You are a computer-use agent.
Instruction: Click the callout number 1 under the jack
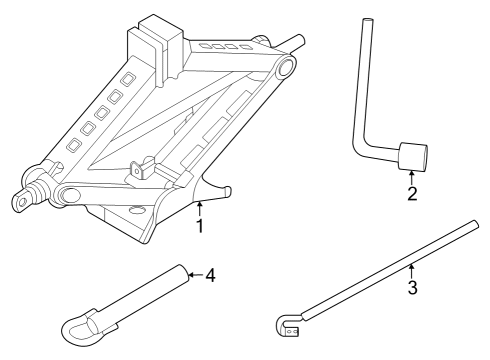point(200,227)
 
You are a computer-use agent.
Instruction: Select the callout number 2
point(412,193)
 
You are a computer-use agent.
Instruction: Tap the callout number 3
point(411,288)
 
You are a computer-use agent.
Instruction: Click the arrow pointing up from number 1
point(200,208)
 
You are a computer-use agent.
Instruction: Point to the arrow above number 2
point(412,177)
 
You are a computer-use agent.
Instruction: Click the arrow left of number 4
point(194,274)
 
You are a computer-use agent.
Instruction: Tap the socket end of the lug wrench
point(413,158)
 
